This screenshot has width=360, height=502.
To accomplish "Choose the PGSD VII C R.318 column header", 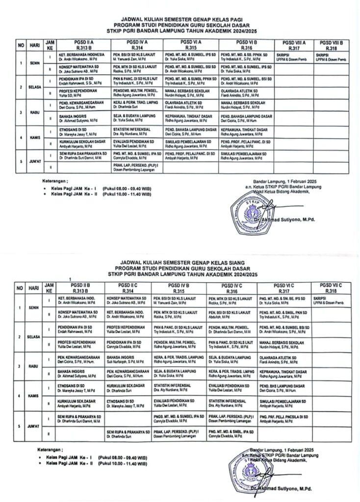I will tap(331, 288).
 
